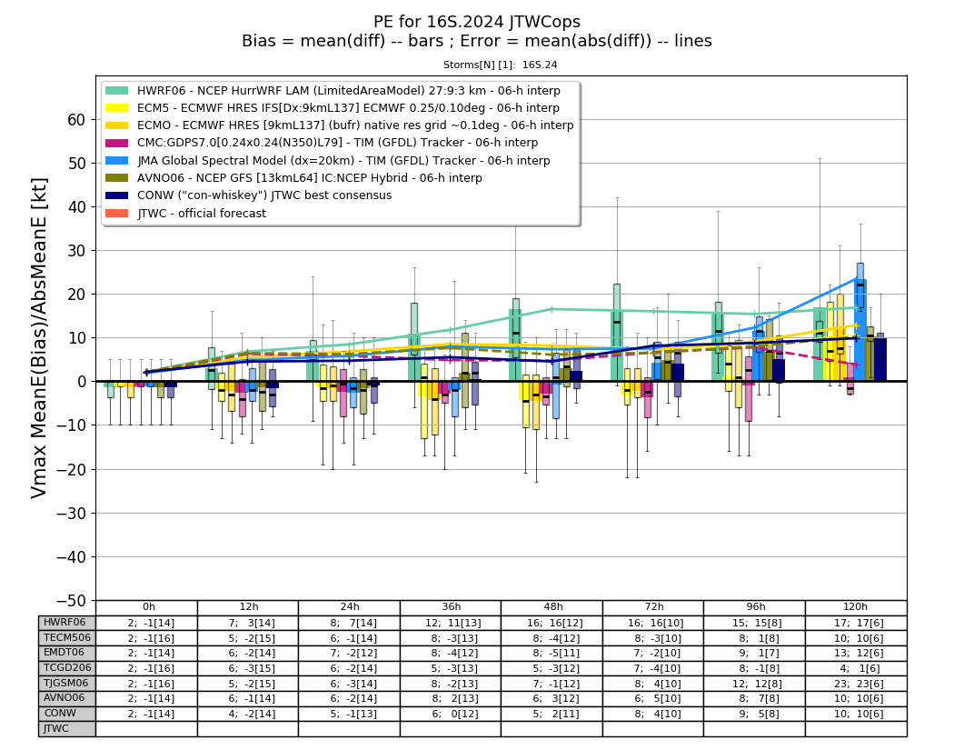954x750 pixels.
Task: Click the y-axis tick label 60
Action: [76, 120]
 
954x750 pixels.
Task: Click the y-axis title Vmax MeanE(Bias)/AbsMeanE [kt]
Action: [38, 338]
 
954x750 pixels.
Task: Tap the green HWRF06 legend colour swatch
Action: [117, 91]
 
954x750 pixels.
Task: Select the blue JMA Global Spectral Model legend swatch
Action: [117, 161]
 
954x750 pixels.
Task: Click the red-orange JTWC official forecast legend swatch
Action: [117, 213]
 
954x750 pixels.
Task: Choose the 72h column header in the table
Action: [653, 607]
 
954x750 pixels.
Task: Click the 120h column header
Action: [856, 607]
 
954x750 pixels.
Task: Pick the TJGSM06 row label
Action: [66, 683]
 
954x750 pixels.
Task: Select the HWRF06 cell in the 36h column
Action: [451, 623]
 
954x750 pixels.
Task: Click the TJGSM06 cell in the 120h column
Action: [856, 683]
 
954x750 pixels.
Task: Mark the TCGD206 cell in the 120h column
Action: [856, 668]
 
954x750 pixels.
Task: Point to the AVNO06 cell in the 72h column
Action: [653, 698]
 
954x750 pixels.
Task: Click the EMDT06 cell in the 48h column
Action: [552, 654]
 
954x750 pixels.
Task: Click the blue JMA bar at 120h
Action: [860, 331]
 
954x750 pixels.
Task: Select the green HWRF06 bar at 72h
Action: [617, 346]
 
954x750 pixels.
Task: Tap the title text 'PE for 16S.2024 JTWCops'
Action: [477, 22]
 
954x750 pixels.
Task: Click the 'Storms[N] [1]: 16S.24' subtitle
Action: [500, 65]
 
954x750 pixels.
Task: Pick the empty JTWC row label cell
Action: [66, 729]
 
